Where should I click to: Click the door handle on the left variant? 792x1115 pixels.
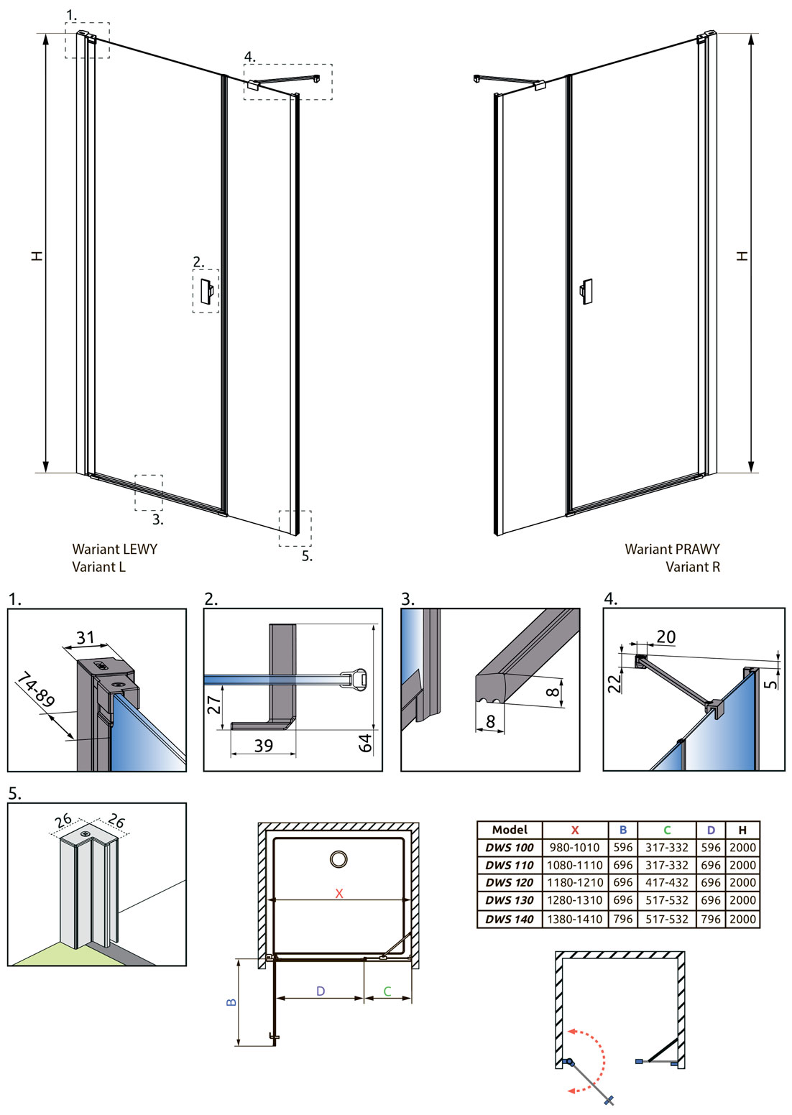(206, 290)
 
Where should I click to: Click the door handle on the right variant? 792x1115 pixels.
(586, 292)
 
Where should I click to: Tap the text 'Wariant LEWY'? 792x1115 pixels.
(114, 549)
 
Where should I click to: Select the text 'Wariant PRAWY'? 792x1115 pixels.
(672, 549)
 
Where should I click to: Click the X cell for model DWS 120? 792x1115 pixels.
(574, 882)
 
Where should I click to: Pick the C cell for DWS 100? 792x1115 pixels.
(666, 848)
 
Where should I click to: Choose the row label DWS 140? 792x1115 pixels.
(509, 919)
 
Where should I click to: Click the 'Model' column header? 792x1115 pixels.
(510, 830)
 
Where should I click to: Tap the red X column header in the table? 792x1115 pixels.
(574, 830)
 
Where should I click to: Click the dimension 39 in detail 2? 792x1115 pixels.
(264, 745)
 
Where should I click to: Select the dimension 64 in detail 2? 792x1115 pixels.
(366, 743)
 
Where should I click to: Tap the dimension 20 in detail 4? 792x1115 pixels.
(666, 637)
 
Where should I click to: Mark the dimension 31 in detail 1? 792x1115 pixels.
(86, 637)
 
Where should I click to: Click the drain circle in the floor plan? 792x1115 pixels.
(339, 859)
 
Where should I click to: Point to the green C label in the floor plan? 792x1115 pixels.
(387, 991)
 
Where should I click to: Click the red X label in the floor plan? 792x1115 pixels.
(339, 893)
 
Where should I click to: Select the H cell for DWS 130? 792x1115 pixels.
(742, 900)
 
